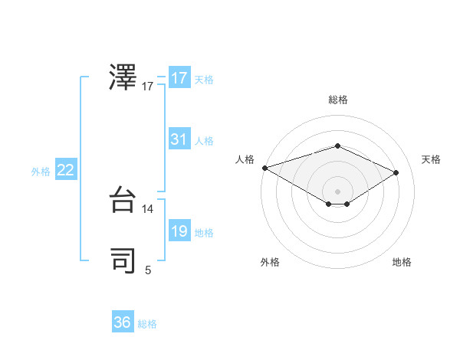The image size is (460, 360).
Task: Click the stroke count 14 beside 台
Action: (148, 209)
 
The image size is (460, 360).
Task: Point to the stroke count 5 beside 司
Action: (148, 270)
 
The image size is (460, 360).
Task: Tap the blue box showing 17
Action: (179, 78)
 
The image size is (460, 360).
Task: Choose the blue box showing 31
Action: (179, 139)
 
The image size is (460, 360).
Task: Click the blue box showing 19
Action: (179, 231)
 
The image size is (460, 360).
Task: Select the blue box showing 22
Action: (66, 170)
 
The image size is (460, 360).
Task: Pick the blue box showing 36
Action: (123, 322)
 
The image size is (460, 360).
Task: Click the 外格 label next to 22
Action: (41, 172)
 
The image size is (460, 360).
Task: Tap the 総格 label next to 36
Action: (147, 324)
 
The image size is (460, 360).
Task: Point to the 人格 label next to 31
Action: (204, 141)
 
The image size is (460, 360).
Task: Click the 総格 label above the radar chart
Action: (337, 100)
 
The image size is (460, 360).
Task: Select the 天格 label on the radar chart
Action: (431, 159)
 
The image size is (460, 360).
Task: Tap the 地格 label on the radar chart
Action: (402, 262)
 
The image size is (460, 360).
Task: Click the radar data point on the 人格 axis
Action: (264, 167)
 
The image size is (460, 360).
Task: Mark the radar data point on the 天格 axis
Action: (396, 172)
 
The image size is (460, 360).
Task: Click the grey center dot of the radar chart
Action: (337, 191)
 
